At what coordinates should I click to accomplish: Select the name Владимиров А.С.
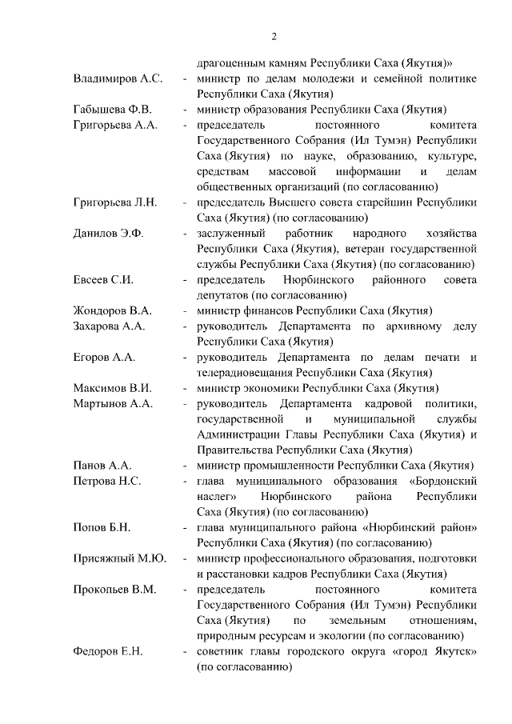click(x=118, y=79)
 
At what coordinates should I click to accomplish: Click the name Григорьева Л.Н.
click(x=115, y=202)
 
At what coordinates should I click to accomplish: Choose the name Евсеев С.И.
click(x=102, y=280)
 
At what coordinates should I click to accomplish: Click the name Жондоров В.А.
click(x=112, y=311)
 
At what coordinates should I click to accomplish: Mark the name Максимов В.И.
click(x=112, y=388)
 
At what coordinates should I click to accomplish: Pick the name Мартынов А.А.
click(x=112, y=403)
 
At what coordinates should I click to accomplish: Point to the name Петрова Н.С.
click(x=107, y=481)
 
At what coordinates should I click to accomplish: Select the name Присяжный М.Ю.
click(x=119, y=558)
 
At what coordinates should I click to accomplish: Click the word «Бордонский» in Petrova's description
click(x=443, y=481)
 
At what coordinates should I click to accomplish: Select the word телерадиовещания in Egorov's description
click(x=244, y=373)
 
